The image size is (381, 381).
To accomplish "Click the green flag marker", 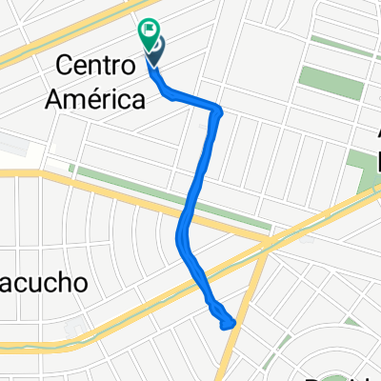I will [x=150, y=33].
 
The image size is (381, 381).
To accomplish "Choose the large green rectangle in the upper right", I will [x=331, y=84].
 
